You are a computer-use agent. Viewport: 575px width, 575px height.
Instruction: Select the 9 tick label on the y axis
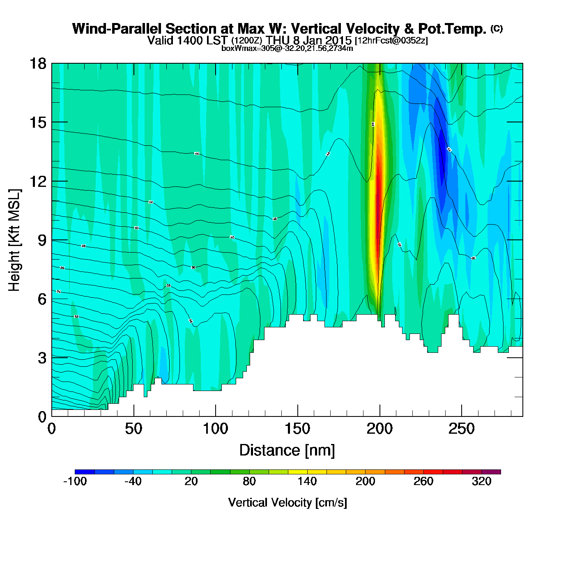42,240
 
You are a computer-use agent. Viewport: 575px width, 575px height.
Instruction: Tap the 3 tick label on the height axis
42,358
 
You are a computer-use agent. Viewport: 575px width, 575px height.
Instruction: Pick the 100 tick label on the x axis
216,429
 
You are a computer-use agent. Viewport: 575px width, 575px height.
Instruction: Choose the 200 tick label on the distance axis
379,429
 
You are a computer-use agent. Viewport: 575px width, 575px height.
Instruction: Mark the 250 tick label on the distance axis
462,429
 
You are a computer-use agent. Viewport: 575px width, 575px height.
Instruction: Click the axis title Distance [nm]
287,451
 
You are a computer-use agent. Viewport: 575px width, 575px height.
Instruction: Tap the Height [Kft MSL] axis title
14,240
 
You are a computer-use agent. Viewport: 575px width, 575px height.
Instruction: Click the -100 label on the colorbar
75,481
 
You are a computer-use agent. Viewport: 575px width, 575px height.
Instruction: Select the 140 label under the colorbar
307,481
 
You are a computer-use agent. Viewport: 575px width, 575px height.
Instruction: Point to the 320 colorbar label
481,481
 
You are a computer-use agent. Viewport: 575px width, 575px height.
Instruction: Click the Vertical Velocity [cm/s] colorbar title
287,503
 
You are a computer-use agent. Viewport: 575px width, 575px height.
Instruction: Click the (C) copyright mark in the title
497,28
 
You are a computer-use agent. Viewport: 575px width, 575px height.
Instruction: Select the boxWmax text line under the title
287,48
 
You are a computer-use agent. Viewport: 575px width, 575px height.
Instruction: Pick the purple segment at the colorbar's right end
491,472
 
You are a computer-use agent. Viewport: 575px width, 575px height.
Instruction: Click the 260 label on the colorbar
423,481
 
